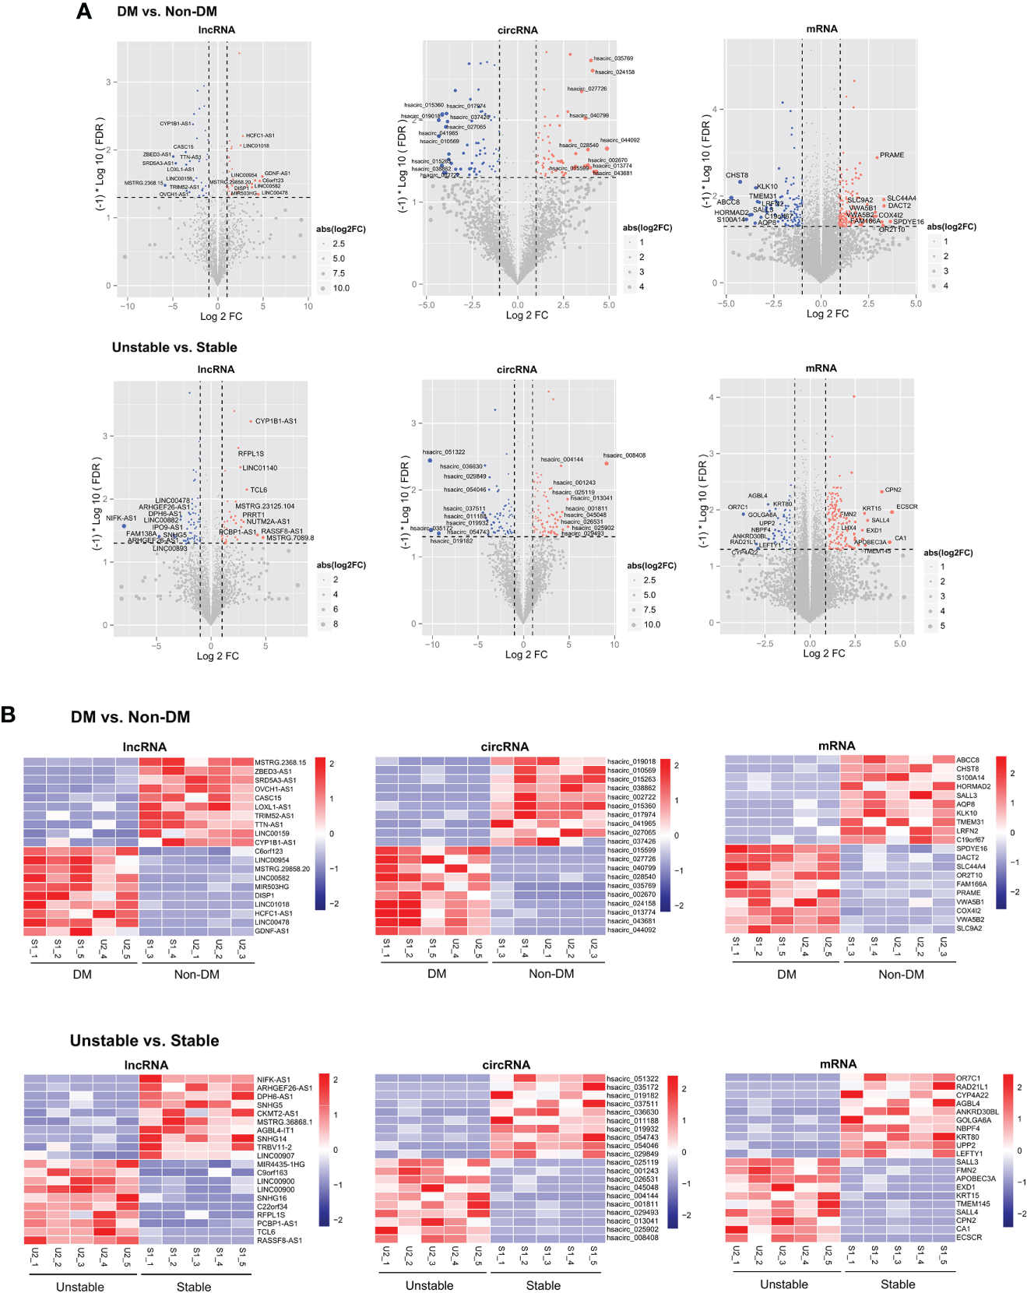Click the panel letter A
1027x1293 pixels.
coord(84,12)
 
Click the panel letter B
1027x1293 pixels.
coord(9,715)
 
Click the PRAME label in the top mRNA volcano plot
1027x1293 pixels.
coord(892,155)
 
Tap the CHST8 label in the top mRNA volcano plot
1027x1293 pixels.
coord(737,175)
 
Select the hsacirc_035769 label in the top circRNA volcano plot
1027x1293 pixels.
coord(613,58)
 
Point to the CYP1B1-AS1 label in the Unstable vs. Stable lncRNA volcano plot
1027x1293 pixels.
coord(276,421)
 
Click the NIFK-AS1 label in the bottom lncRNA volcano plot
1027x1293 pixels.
coord(121,518)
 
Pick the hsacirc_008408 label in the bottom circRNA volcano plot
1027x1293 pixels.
coord(624,455)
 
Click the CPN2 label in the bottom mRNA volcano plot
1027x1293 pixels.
coord(893,490)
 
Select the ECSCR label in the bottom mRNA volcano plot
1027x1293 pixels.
coord(907,507)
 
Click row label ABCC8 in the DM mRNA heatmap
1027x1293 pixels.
coord(968,760)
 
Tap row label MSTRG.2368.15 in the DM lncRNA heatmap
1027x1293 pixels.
coord(280,762)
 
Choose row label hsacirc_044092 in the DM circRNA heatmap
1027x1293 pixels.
coord(631,929)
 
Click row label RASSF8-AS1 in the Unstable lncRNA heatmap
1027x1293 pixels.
coord(280,1240)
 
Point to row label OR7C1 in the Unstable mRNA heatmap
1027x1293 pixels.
coord(968,1078)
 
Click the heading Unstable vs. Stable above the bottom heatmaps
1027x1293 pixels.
coord(144,1041)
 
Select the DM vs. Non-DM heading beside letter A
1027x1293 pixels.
coord(167,12)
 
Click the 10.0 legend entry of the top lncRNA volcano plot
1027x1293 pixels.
coord(341,288)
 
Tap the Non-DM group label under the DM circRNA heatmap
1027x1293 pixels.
coord(551,974)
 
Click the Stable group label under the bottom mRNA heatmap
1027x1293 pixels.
coord(898,1284)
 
